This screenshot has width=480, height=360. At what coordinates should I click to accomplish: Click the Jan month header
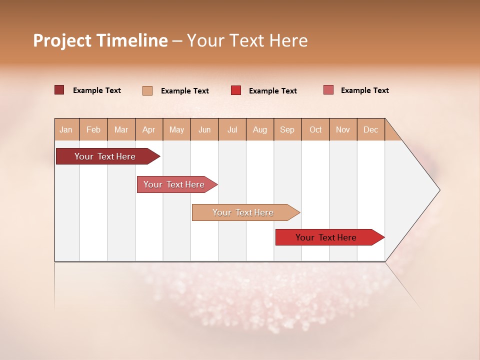66,129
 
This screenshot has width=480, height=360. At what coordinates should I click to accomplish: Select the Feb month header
93,129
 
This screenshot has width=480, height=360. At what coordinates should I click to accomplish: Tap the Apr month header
149,129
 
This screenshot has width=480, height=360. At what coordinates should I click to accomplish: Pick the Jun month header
204,129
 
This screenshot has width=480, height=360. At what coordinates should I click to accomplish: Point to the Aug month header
260,129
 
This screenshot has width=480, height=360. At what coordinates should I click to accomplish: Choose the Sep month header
287,129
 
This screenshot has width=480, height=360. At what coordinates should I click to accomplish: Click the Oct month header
315,129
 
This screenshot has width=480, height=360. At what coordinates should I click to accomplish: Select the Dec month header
371,129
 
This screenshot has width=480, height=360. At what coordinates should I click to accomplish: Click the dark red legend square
59,90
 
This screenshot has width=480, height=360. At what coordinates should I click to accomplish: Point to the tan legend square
147,90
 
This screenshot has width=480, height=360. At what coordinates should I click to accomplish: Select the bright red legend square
236,90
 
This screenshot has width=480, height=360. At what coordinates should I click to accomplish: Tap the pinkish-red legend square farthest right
328,90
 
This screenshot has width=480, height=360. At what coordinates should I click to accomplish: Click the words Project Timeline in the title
100,40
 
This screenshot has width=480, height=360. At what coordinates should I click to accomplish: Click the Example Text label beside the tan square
184,91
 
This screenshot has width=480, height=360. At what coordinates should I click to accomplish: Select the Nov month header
343,129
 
